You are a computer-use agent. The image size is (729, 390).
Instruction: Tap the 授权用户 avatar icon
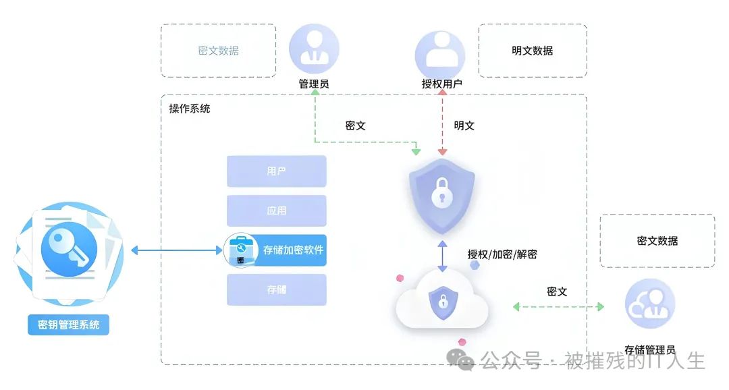[x=440, y=51]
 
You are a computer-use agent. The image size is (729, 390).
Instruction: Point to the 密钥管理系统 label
[x=69, y=325]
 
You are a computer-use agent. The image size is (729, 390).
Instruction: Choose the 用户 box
[x=277, y=171]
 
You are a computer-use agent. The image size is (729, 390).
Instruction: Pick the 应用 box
[x=277, y=211]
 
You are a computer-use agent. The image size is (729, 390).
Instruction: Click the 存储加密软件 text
[x=293, y=250]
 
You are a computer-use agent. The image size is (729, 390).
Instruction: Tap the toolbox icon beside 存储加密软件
[x=240, y=250]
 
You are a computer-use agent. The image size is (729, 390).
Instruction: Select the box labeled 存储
[x=277, y=289]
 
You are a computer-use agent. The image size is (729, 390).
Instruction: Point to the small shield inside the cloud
[x=441, y=300]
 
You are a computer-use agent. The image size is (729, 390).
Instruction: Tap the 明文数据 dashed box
[x=533, y=51]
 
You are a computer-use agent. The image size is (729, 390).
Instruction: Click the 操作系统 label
[x=190, y=109]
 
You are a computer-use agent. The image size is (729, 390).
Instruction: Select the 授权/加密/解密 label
[x=502, y=254]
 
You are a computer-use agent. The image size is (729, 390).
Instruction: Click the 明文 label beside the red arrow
[x=464, y=126]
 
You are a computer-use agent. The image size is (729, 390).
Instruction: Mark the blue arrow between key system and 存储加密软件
[x=176, y=250]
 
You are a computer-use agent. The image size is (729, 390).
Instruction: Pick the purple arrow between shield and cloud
[x=442, y=256]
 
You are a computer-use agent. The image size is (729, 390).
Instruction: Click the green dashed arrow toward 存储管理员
[x=558, y=306]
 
